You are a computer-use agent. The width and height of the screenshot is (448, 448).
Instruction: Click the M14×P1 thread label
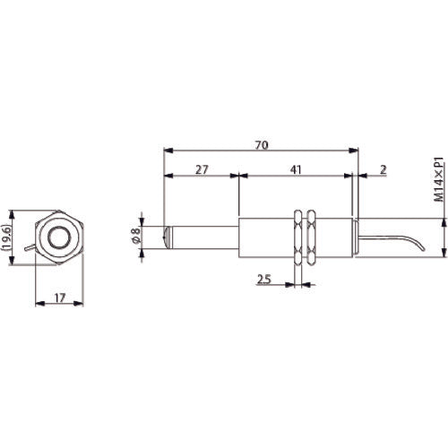point(439,183)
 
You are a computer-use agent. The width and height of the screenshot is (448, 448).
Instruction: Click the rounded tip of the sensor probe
point(168,237)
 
